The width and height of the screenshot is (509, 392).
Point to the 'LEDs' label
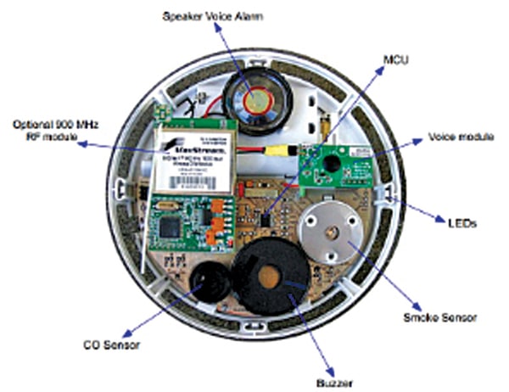pos(461,222)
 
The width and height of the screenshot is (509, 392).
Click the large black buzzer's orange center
pos(271,277)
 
